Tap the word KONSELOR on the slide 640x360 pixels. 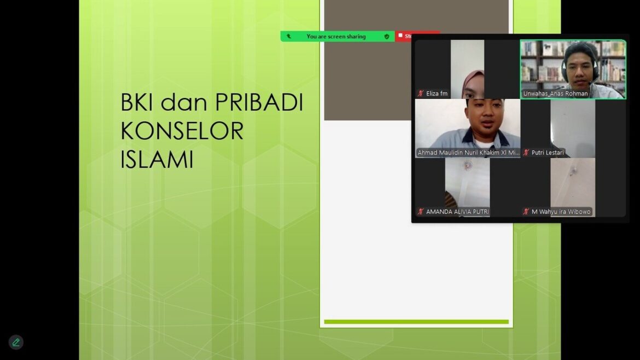coord(182,131)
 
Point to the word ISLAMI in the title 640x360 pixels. coord(157,159)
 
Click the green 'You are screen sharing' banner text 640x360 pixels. coord(336,37)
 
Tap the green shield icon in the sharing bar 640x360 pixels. coord(387,37)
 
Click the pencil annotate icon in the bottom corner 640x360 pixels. coord(16,342)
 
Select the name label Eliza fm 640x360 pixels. coord(437,94)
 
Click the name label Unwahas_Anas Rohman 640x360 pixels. coord(555,94)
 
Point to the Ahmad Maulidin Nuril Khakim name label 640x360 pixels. coord(468,153)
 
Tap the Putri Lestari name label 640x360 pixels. coord(547,153)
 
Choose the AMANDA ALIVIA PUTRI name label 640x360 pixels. coord(457,212)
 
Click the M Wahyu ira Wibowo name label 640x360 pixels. coord(561,212)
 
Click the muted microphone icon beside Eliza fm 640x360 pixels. coord(421,94)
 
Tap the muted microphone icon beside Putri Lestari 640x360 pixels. coord(526,153)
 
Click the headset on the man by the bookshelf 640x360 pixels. coord(596,68)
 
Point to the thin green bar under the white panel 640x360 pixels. coord(416,322)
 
